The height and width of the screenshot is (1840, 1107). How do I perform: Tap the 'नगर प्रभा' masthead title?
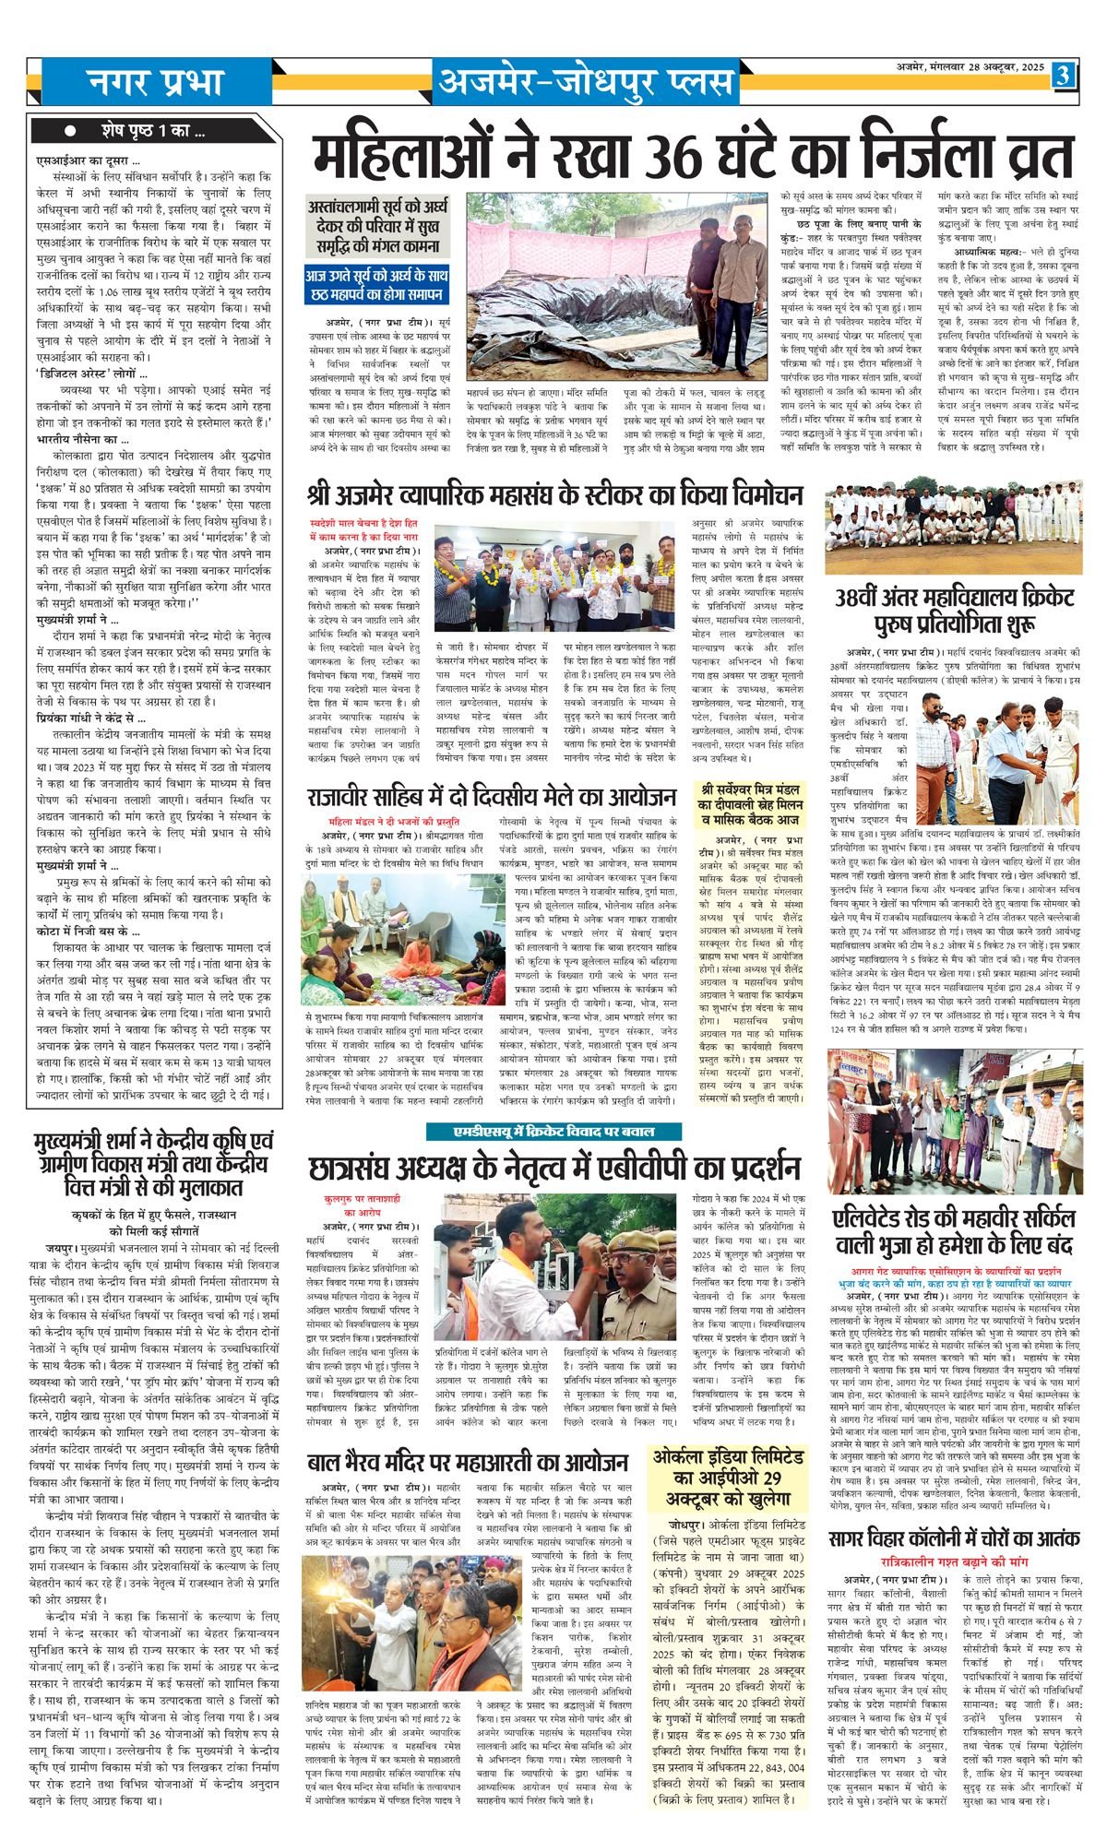(x=156, y=82)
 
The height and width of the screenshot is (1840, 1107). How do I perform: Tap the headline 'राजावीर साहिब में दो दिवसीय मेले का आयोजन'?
(x=493, y=797)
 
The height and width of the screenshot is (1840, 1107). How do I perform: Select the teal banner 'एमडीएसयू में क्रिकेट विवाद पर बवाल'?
(x=553, y=1132)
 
